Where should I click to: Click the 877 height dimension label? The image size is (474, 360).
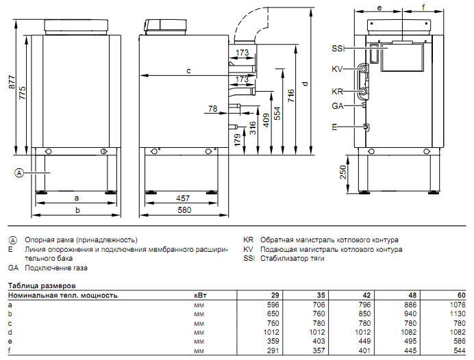point(12,82)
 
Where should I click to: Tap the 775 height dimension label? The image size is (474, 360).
point(23,93)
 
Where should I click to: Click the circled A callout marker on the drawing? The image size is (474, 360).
point(19,173)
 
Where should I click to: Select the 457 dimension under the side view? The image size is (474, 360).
point(183,198)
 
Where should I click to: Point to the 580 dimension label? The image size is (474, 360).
point(184,210)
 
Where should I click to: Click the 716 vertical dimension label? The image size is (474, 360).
point(291,95)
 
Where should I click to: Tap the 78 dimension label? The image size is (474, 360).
point(213,108)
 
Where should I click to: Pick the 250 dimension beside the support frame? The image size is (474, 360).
point(342,172)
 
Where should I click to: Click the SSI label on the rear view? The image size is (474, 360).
point(338,49)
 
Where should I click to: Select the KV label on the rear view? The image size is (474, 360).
point(337,69)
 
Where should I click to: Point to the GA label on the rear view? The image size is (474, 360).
point(338,106)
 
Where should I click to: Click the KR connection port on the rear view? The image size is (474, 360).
point(363,91)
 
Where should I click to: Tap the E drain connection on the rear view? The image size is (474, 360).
point(366,127)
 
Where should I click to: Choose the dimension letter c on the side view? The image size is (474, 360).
point(188,70)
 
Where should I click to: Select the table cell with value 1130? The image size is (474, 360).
point(458,313)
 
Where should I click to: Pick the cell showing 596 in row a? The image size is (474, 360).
point(273,305)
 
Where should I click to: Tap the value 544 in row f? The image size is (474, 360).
point(460,350)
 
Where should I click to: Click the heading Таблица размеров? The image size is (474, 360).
point(42,285)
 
